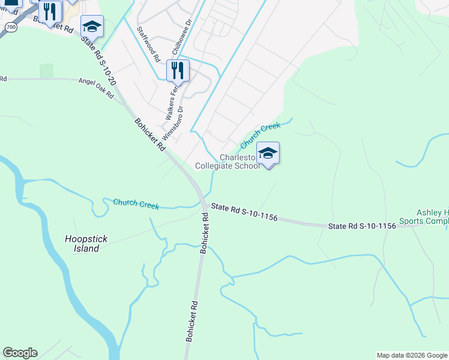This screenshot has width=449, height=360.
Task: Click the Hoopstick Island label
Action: (86, 244)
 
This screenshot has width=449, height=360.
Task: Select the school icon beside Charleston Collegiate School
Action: (268, 153)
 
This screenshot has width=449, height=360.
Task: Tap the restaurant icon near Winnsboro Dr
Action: (177, 70)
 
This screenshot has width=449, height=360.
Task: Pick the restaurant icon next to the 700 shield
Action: (50, 11)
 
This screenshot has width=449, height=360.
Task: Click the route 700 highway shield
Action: (11, 28)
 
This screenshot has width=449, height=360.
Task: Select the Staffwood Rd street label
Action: (147, 45)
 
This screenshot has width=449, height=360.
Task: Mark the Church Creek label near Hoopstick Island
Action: (136, 205)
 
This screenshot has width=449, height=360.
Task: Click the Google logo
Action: (20, 353)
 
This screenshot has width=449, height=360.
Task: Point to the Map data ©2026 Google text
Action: (411, 355)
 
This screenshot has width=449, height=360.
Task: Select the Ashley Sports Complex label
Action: (432, 217)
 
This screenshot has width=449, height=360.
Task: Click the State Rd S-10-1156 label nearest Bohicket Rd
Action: (244, 213)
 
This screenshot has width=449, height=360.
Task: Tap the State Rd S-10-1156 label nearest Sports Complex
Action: (362, 226)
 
